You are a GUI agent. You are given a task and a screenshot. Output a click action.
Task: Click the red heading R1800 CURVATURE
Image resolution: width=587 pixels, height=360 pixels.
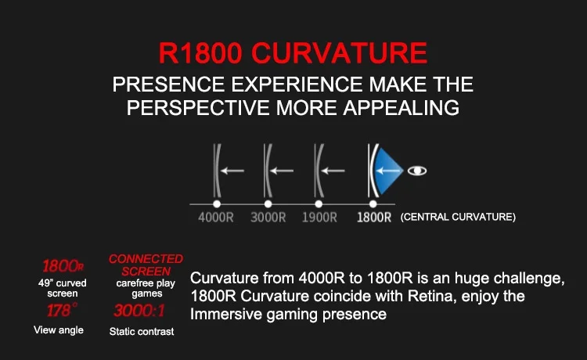click(293, 52)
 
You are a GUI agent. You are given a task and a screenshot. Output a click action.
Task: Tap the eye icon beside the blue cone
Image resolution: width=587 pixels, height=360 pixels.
click(417, 171)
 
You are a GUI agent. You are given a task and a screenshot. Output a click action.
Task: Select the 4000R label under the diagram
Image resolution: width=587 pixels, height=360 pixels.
click(216, 218)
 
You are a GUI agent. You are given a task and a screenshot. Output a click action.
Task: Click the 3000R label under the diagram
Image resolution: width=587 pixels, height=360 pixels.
click(268, 218)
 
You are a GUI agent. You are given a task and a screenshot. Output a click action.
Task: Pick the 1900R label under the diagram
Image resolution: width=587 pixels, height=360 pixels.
click(319, 218)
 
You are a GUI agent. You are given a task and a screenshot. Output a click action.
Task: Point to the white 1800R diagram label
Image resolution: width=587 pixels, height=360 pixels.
click(374, 218)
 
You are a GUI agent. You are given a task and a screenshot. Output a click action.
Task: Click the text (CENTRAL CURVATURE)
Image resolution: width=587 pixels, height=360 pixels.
click(458, 217)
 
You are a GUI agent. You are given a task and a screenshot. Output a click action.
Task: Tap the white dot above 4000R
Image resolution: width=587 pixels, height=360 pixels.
click(217, 204)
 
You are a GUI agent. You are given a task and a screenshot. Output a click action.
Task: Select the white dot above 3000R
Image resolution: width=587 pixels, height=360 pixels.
click(268, 204)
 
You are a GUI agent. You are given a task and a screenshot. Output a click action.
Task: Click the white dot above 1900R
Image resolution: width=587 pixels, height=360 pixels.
click(319, 204)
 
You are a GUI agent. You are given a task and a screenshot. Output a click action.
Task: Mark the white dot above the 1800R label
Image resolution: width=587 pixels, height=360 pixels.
click(373, 204)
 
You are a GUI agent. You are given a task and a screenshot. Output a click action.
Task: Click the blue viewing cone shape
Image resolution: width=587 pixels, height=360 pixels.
click(387, 171)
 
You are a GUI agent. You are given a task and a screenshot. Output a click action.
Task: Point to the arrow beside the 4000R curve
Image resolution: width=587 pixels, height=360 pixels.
click(232, 171)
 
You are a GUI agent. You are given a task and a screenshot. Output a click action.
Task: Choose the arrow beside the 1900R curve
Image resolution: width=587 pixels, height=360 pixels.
click(333, 171)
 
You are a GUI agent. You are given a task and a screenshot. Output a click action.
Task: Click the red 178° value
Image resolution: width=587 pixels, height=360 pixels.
click(62, 310)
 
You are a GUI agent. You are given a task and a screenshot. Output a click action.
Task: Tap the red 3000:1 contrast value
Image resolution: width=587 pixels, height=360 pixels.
click(139, 311)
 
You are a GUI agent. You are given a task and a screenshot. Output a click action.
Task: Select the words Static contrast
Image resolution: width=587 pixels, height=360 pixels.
click(142, 332)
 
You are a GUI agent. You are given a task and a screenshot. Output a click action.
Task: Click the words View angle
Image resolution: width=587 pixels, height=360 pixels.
click(59, 330)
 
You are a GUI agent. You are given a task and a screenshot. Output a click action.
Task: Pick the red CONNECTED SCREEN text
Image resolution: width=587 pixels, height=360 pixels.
click(146, 265)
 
